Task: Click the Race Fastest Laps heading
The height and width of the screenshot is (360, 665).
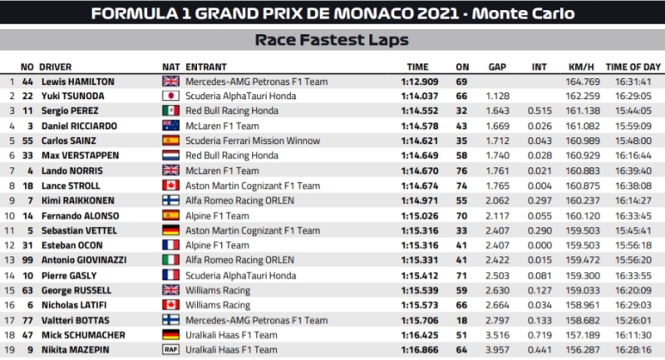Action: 332,39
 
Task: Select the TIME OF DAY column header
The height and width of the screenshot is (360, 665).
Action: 632,67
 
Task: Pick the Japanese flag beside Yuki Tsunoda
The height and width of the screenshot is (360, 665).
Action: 170,96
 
